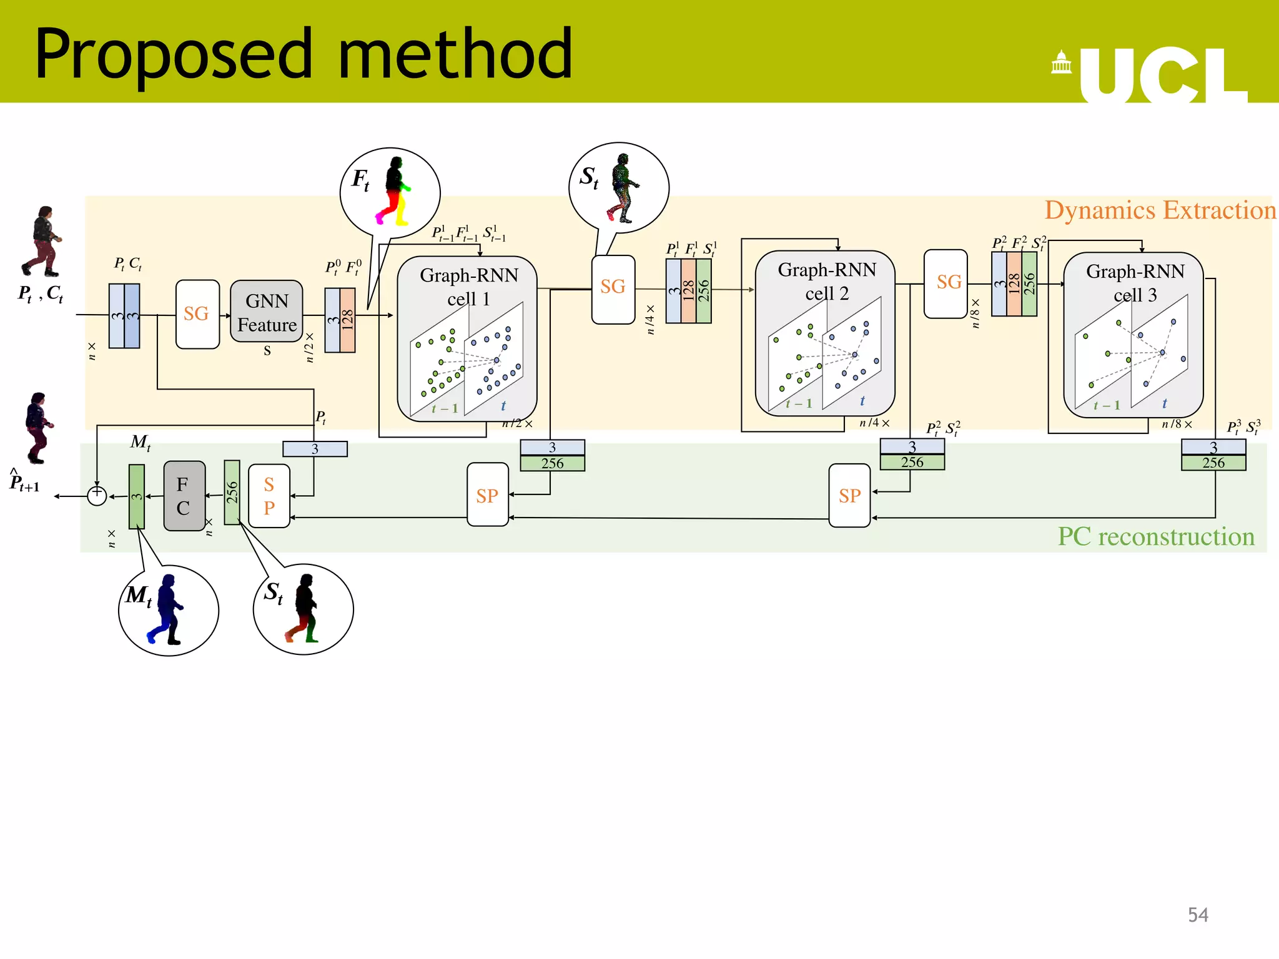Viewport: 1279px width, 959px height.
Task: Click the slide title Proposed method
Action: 304,54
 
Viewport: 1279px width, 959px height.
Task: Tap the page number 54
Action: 1198,915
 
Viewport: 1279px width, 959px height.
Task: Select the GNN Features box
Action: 267,312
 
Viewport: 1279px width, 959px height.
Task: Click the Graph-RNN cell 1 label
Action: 468,287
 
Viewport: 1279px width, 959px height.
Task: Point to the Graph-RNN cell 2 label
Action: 826,281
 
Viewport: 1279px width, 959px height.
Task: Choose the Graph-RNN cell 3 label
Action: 1135,283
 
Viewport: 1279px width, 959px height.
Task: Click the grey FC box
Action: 184,496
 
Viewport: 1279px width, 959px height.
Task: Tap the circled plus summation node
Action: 97,496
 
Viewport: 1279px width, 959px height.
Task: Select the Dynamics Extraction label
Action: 1160,210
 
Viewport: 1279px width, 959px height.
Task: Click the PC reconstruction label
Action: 1155,537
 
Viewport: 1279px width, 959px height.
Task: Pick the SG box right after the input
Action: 197,314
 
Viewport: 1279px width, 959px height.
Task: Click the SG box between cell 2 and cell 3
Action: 946,283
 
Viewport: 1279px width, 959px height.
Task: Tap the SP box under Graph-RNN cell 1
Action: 487,495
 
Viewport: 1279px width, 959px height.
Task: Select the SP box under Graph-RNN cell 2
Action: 849,495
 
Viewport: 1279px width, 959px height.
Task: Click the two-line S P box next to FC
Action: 269,496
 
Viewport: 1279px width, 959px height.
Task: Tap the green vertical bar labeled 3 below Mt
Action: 137,496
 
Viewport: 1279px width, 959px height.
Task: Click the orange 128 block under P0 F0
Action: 348,320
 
